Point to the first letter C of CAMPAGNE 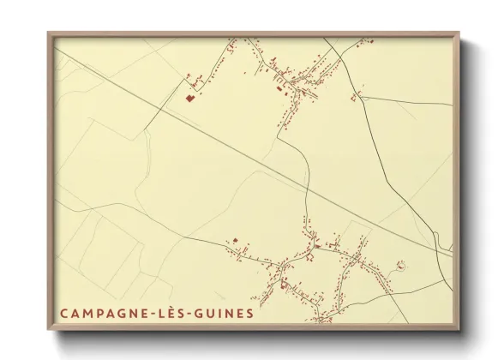[x=64, y=313]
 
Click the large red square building [x=189, y=99]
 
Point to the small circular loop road [x=399, y=267]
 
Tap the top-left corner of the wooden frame [x=49, y=33]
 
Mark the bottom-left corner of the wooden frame [x=49, y=330]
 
